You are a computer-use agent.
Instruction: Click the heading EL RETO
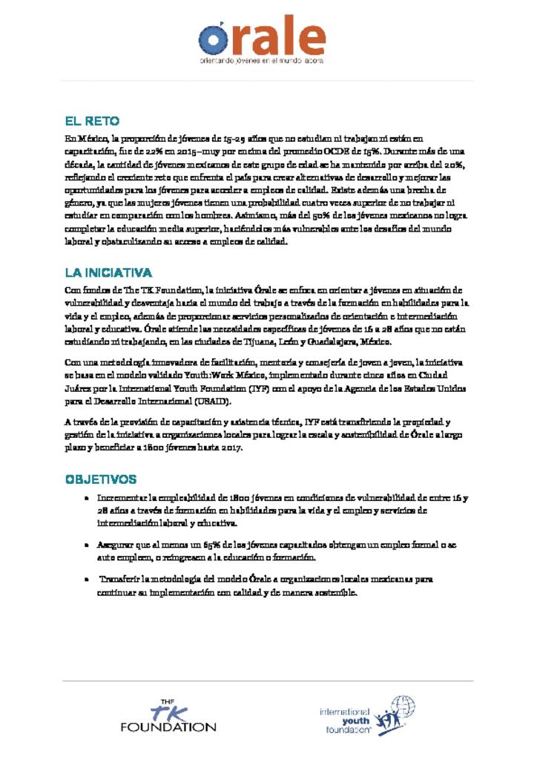[92, 121]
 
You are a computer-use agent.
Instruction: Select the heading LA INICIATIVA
[108, 273]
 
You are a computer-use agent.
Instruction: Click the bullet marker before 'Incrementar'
[88, 498]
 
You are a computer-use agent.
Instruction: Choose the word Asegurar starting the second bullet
[118, 546]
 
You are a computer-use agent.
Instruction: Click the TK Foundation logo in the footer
[168, 715]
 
